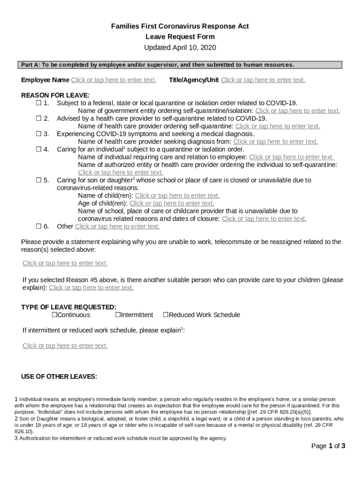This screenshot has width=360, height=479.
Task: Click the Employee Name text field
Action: [x=114, y=80]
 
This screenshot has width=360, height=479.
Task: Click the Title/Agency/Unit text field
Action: [x=263, y=80]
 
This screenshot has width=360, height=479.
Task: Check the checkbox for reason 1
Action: [x=39, y=103]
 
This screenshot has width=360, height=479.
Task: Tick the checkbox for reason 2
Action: [x=39, y=118]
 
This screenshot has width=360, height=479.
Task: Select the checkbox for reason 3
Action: [x=39, y=134]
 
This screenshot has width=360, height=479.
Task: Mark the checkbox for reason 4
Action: [x=39, y=149]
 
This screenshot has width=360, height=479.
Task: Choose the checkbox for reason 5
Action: [x=39, y=180]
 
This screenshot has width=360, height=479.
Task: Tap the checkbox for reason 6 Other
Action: [x=39, y=226]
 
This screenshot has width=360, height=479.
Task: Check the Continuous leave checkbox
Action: [x=54, y=315]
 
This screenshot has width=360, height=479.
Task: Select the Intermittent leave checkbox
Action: [x=118, y=315]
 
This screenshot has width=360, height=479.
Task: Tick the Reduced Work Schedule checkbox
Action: [x=166, y=315]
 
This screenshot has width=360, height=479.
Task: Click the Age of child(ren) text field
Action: [x=172, y=203]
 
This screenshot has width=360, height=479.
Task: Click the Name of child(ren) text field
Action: [x=177, y=196]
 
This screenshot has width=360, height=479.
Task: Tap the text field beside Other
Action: [x=117, y=226]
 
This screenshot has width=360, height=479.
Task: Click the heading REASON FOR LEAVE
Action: [x=55, y=95]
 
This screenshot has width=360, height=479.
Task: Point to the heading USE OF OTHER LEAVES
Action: [x=59, y=377]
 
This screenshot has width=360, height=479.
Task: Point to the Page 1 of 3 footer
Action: [x=328, y=446]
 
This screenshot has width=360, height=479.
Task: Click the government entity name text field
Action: [x=297, y=111]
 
